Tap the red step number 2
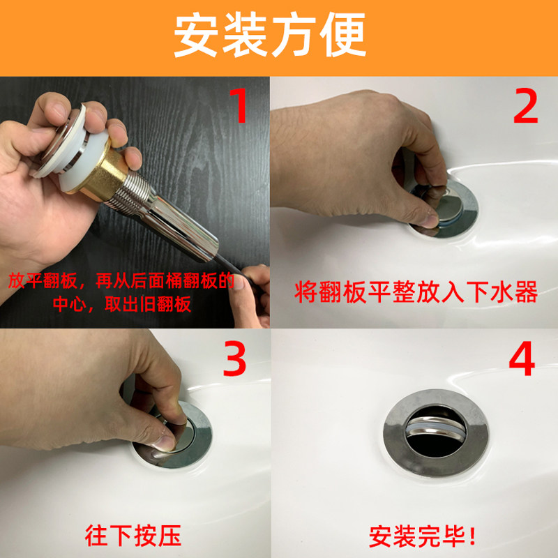[526, 106]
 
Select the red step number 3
[234, 359]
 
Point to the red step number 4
[522, 359]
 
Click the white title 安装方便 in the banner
[270, 34]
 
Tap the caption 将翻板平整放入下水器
[416, 292]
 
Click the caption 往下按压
[133, 535]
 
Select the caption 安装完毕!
[422, 536]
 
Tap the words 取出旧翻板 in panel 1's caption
[148, 304]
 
